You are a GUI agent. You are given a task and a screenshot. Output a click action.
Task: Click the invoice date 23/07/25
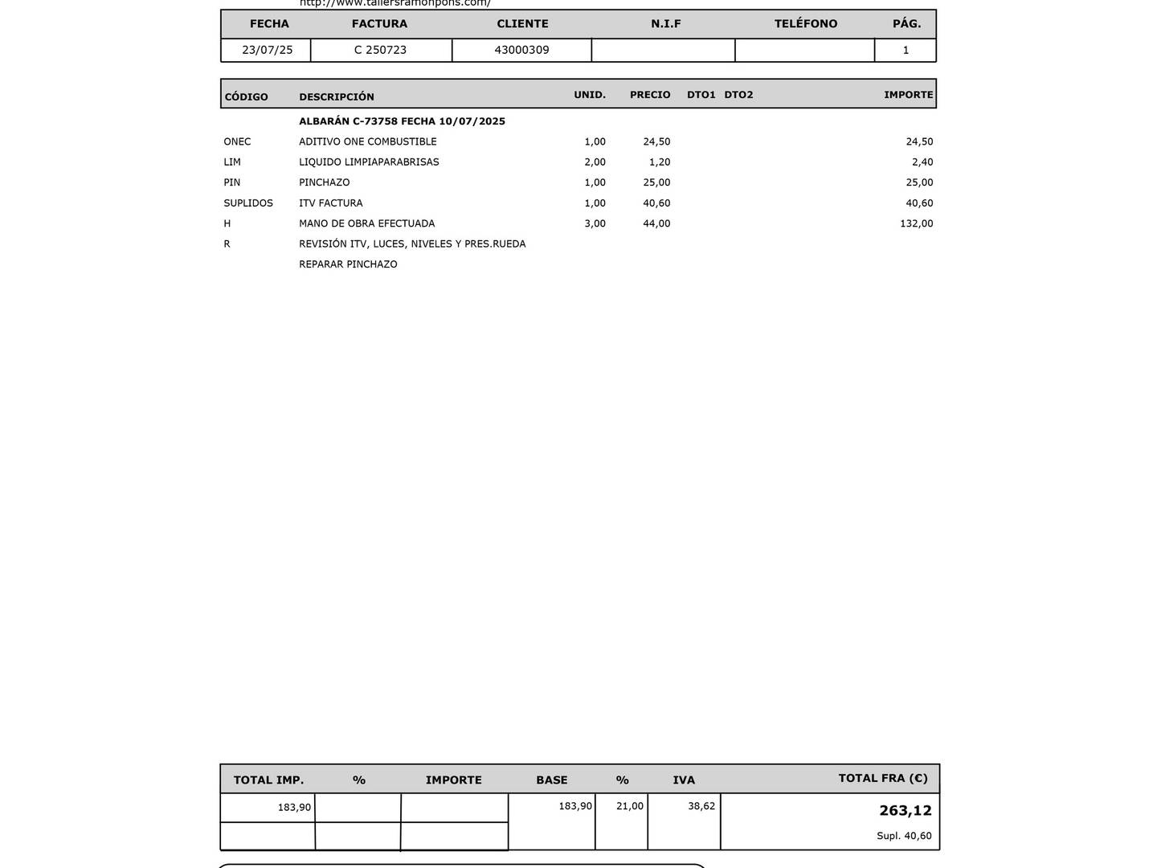coord(267,50)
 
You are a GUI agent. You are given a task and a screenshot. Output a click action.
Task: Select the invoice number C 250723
coord(380,50)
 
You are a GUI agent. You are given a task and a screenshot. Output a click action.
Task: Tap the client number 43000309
coord(521,50)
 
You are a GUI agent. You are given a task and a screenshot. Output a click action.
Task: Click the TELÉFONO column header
coord(805,24)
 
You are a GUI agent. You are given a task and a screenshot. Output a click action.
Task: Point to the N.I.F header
coord(665,24)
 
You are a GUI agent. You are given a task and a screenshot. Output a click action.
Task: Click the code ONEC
coord(237,141)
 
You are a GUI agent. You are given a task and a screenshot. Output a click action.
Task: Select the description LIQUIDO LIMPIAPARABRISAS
coord(369,162)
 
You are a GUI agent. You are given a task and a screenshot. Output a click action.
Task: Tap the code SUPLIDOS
coord(248,203)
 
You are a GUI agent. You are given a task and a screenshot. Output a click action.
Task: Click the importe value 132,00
coord(916,223)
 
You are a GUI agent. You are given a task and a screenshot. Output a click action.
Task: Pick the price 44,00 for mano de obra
coord(656,223)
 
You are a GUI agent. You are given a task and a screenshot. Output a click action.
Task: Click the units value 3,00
coord(595,223)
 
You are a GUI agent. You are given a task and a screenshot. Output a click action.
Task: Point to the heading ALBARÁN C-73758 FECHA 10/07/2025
coord(402,121)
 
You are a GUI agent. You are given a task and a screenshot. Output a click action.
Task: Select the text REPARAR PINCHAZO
coord(348,264)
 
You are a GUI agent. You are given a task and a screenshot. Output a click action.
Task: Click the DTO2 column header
coord(738,95)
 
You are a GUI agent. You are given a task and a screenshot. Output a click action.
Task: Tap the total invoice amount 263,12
coord(905,810)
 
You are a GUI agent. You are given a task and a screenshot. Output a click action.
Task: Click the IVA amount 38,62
coord(701,806)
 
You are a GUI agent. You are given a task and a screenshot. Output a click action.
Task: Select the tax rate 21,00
coord(629,806)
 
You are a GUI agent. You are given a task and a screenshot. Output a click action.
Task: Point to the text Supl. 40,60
coord(904,836)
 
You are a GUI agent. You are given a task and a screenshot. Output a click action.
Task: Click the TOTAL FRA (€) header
coord(882,778)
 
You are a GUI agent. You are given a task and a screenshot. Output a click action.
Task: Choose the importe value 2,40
coord(922,162)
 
